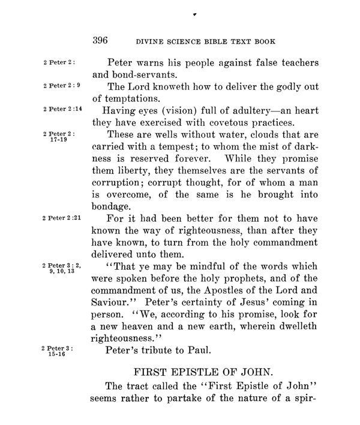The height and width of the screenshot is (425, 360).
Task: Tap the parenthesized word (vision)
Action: pos(178,111)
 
